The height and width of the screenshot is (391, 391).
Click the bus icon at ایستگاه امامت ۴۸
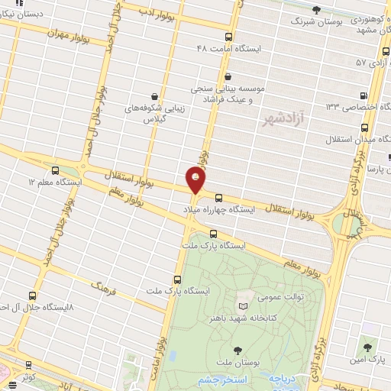pyautogui.click(x=228, y=36)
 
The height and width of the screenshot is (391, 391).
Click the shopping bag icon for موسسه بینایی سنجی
pyautogui.click(x=229, y=76)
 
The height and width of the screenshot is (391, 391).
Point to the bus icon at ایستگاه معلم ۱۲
pyautogui.click(x=54, y=170)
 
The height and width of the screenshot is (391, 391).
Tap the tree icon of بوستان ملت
pyautogui.click(x=238, y=351)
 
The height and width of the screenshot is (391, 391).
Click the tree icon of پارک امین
pyautogui.click(x=369, y=347)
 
